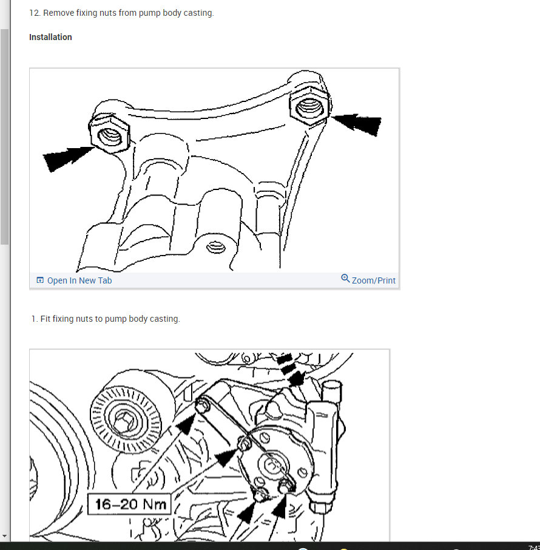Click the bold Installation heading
point(50,37)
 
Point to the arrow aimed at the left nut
point(67,157)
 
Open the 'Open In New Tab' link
point(79,280)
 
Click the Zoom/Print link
point(373,280)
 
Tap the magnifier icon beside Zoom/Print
point(345,279)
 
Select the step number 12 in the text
point(34,13)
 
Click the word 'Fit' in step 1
point(46,319)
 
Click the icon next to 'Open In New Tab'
point(40,280)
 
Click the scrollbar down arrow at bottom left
point(5,537)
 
